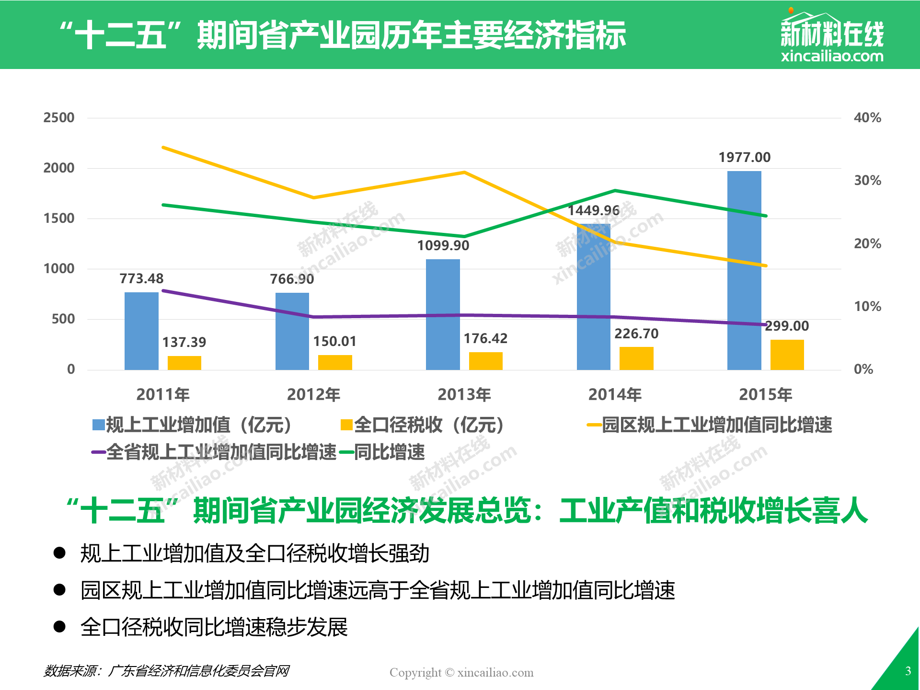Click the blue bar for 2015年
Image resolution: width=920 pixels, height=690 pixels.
[x=744, y=270]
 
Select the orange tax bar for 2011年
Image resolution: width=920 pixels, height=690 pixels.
[x=184, y=363]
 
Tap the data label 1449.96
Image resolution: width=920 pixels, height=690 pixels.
[x=594, y=210]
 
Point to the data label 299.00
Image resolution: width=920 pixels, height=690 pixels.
[x=787, y=326]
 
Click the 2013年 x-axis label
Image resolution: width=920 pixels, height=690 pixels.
[x=464, y=394]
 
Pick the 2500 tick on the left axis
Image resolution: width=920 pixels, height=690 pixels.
[x=59, y=117]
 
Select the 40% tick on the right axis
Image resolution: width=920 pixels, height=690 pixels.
[x=867, y=117]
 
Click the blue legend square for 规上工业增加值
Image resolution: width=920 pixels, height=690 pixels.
[x=99, y=425]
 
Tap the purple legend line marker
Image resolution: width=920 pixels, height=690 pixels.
[x=98, y=452]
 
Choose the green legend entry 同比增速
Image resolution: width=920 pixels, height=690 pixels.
[x=382, y=452]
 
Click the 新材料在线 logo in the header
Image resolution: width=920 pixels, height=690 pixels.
[x=832, y=36]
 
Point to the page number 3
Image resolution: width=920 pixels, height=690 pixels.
[x=908, y=671]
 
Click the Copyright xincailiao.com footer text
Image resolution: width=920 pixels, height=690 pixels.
[x=461, y=672]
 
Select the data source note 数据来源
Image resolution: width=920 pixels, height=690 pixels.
[x=166, y=671]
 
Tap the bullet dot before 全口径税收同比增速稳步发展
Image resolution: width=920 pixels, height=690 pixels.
[x=59, y=626]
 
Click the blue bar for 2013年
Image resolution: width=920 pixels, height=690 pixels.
[x=443, y=314]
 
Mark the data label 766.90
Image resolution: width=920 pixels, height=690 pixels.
[x=292, y=279]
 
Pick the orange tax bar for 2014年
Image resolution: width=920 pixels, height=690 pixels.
[x=636, y=358]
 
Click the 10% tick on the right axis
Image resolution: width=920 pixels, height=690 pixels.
[x=867, y=306]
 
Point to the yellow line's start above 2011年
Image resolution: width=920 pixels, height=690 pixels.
[x=163, y=148]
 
